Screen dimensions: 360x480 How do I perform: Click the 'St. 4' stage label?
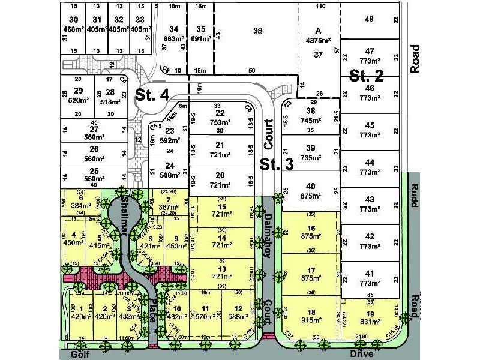[152, 95]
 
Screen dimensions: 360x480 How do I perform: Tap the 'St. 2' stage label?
[367, 76]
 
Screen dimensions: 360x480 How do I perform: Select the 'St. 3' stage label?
[276, 164]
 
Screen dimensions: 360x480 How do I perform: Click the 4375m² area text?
[319, 41]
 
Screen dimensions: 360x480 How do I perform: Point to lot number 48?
[369, 19]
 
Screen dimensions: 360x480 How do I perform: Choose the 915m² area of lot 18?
[311, 321]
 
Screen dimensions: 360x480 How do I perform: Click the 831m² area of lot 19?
[370, 321]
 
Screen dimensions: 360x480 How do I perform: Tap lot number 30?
[74, 19]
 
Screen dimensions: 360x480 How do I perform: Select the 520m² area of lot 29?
[77, 101]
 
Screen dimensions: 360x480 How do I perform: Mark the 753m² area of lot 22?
[220, 122]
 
